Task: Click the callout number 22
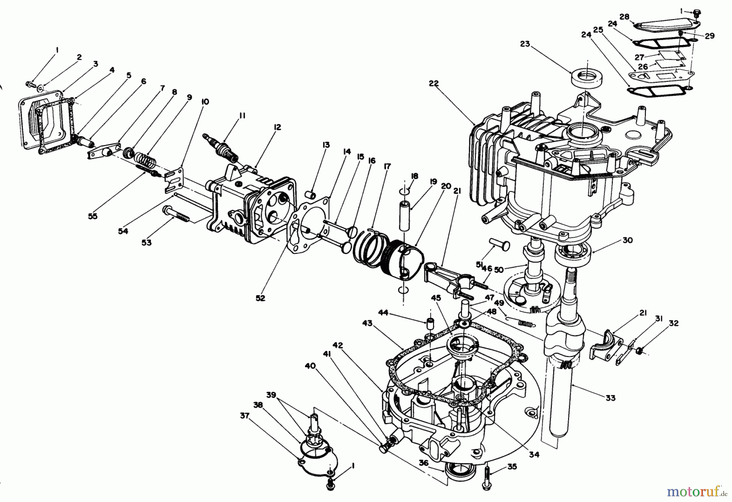pos(434,83)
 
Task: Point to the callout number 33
pos(610,398)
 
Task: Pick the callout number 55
pos(93,216)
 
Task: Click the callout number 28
pos(625,17)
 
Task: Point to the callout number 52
pos(260,298)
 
